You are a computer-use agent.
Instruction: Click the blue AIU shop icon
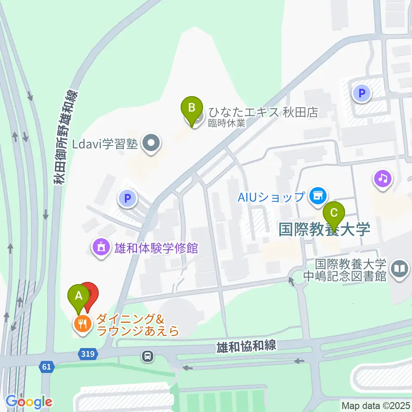pyautogui.click(x=318, y=196)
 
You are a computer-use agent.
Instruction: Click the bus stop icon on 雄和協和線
pyautogui.click(x=148, y=356)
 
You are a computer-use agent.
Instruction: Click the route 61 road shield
pyautogui.click(x=46, y=367)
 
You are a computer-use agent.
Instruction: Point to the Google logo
pyautogui.click(x=29, y=402)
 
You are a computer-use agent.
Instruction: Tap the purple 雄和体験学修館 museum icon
pyautogui.click(x=101, y=248)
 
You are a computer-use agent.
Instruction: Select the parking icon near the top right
pyautogui.click(x=362, y=93)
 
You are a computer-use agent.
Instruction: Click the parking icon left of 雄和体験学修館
pyautogui.click(x=127, y=198)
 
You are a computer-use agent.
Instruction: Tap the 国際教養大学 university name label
pyautogui.click(x=324, y=229)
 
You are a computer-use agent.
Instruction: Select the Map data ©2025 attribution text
pyautogui.click(x=376, y=405)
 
